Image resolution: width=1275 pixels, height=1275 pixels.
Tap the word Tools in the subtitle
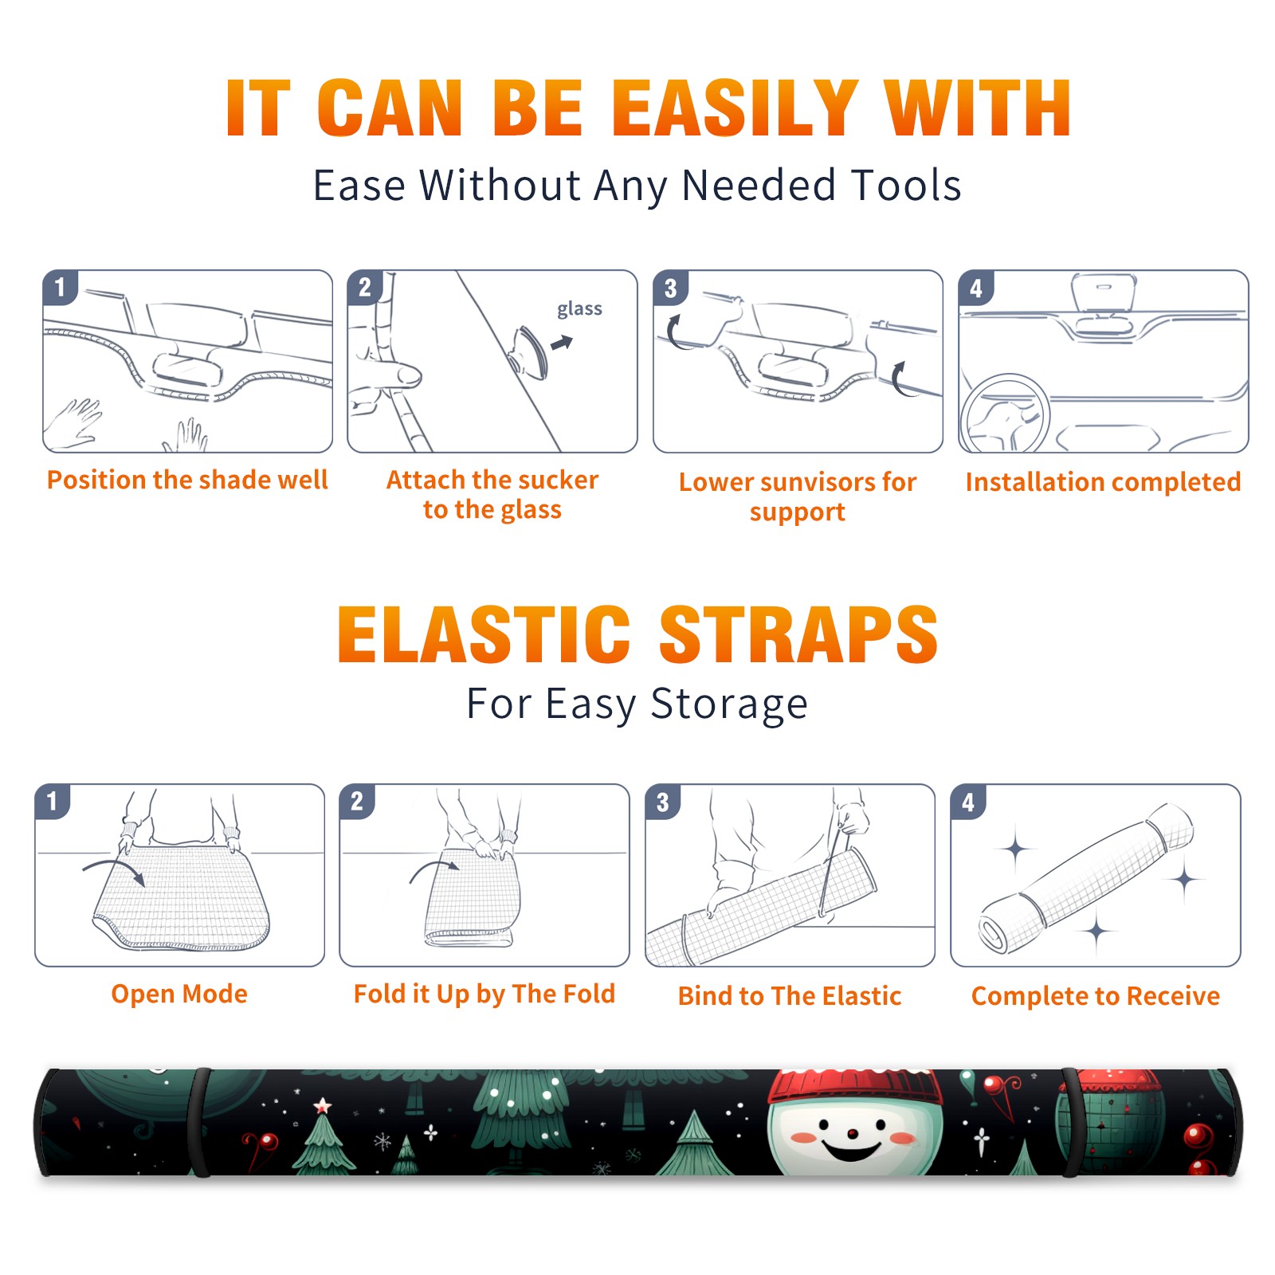pyautogui.click(x=906, y=185)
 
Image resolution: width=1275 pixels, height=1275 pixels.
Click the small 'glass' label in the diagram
pyautogui.click(x=579, y=309)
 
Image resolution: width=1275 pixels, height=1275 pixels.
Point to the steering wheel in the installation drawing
pyautogui.click(x=1004, y=414)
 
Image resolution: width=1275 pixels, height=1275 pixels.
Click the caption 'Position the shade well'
pyautogui.click(x=187, y=480)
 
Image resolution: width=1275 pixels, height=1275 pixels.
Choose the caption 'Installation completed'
pyautogui.click(x=1103, y=481)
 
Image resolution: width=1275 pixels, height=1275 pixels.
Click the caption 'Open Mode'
pyautogui.click(x=179, y=994)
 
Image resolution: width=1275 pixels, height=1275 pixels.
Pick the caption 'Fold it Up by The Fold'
pyautogui.click(x=484, y=994)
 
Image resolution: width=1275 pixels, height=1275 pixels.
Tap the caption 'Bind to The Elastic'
pyautogui.click(x=790, y=996)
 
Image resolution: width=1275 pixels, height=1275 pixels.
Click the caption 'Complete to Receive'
pyautogui.click(x=1096, y=996)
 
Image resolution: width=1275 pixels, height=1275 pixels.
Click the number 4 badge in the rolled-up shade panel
pyautogui.click(x=968, y=802)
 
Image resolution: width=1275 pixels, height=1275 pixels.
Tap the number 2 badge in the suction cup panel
pyautogui.click(x=365, y=288)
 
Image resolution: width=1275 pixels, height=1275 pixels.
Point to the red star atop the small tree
pyautogui.click(x=322, y=1105)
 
